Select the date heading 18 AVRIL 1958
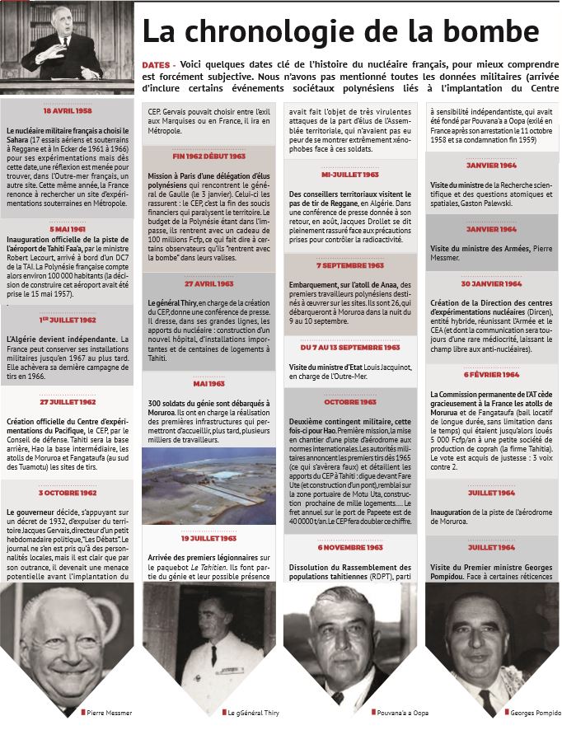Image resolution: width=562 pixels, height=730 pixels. click(x=67, y=110)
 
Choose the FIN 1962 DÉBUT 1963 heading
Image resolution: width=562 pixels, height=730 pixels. click(x=208, y=155)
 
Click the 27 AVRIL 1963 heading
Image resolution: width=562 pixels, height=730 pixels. click(x=208, y=283)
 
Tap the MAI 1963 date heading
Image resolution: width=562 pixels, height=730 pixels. click(x=208, y=383)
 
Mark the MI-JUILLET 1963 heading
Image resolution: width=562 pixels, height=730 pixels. click(x=350, y=175)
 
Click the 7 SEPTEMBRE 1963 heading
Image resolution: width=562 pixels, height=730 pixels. click(x=350, y=265)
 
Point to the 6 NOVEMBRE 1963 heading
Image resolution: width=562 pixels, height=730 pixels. click(x=350, y=546)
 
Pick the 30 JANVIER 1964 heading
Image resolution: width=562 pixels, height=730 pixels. click(x=491, y=283)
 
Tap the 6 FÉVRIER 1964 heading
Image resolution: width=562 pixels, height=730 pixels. click(x=491, y=373)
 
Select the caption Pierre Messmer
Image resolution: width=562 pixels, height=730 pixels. click(x=108, y=711)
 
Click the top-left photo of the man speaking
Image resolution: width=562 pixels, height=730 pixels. click(x=67, y=47)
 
